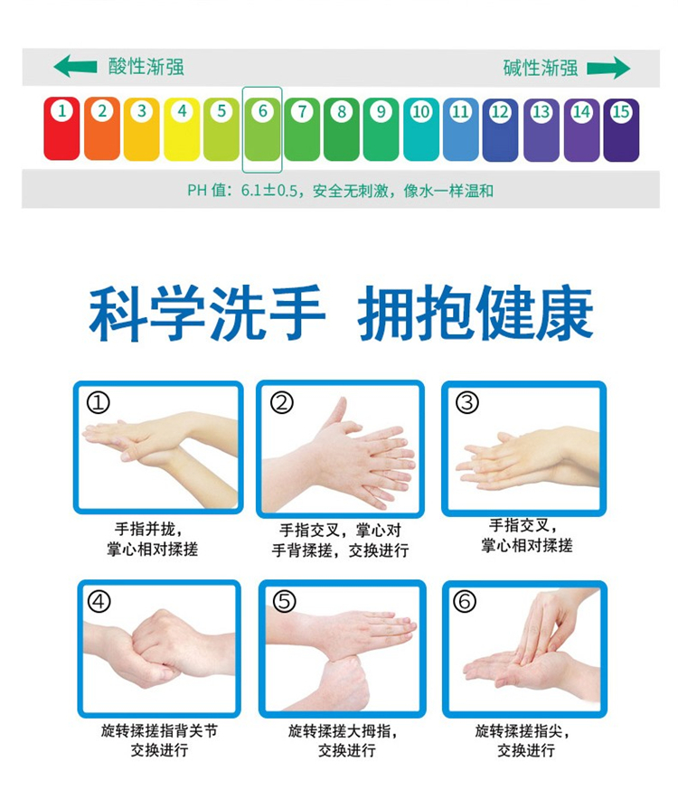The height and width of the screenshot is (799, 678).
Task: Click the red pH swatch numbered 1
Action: pyautogui.click(x=61, y=128)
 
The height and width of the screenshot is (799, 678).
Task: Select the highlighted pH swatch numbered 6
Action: pyautogui.click(x=262, y=129)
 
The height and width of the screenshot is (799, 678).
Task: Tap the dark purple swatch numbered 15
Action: pyautogui.click(x=621, y=130)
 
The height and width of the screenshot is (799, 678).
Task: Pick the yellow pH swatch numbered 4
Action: pyautogui.click(x=182, y=129)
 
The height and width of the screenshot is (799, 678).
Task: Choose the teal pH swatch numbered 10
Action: pyautogui.click(x=421, y=129)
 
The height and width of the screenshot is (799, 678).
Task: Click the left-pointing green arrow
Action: pyautogui.click(x=75, y=66)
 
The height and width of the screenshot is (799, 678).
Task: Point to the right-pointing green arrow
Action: pyautogui.click(x=608, y=68)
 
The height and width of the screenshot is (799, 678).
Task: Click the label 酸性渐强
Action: pyautogui.click(x=146, y=66)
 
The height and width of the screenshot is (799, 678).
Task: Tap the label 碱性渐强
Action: pyautogui.click(x=541, y=68)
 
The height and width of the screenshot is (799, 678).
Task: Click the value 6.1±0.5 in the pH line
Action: pyautogui.click(x=268, y=191)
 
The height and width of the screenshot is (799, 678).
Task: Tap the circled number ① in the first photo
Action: pyautogui.click(x=99, y=403)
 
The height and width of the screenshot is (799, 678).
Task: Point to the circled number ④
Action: pyautogui.click(x=99, y=601)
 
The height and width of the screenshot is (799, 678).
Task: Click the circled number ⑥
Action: pyautogui.click(x=465, y=601)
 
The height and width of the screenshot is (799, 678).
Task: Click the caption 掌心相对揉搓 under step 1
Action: pyautogui.click(x=153, y=550)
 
